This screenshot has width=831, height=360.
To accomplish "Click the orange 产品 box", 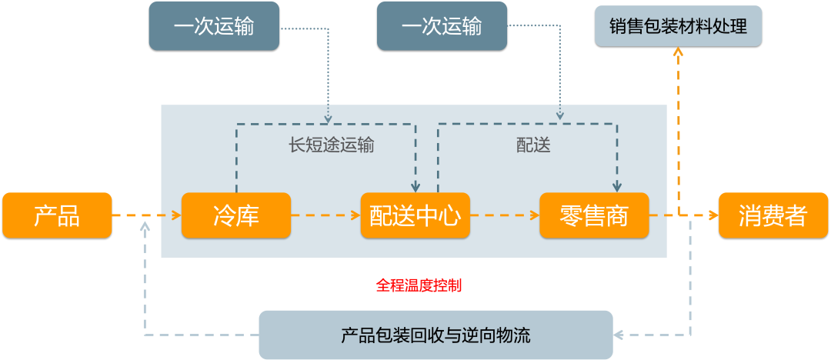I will [57, 215].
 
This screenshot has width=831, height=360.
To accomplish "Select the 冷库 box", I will [236, 215].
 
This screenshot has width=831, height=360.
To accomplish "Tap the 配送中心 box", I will [415, 215].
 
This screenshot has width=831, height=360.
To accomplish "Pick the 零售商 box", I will [594, 215].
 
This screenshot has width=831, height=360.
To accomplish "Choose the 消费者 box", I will [773, 215].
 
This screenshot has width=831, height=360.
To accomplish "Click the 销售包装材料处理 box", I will [678, 26].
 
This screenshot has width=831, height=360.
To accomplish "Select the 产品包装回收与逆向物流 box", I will [436, 335].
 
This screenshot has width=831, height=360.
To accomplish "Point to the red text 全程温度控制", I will [419, 285].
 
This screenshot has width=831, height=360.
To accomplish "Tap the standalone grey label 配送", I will [533, 145].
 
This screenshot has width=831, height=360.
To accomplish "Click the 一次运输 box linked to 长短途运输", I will [214, 26].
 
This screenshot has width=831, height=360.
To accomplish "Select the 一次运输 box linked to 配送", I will [442, 26].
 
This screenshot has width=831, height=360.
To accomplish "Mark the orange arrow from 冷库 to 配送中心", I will [325, 215].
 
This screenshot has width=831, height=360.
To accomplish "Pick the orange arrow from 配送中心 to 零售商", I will [504, 215].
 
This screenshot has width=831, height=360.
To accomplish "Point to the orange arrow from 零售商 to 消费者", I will [683, 215].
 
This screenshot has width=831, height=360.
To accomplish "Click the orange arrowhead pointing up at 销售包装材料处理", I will [678, 52].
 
